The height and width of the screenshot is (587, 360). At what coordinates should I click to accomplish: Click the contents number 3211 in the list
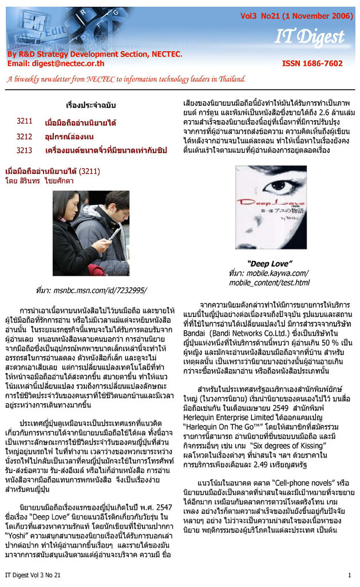(24, 121)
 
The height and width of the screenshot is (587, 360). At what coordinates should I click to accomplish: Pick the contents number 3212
(24, 136)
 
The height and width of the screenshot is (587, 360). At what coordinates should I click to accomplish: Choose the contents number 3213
(24, 150)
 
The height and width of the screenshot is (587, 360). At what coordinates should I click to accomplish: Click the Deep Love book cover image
(271, 207)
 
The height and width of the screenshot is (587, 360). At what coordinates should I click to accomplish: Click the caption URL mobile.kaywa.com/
(274, 273)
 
